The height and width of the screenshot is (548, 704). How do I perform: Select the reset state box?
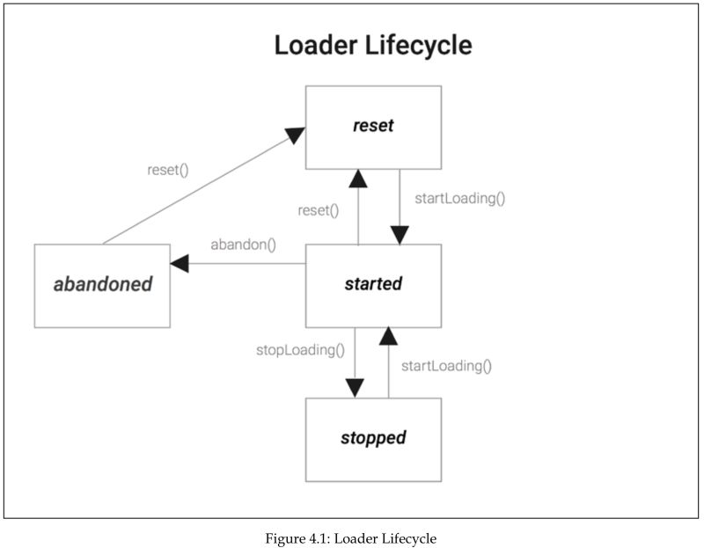pyautogui.click(x=373, y=126)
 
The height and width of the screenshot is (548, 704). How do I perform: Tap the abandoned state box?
pyautogui.click(x=102, y=285)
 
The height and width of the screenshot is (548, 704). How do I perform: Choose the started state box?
pyautogui.click(x=373, y=285)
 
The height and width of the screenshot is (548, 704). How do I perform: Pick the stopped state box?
pyautogui.click(x=373, y=438)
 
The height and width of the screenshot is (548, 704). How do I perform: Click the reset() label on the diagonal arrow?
pyautogui.click(x=168, y=169)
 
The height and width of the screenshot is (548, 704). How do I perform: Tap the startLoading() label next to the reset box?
pyautogui.click(x=459, y=197)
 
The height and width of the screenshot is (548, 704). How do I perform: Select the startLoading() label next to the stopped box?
pyautogui.click(x=445, y=365)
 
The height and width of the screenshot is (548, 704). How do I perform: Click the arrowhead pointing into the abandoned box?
pyautogui.click(x=180, y=262)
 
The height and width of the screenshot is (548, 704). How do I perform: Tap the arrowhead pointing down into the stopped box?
pyautogui.click(x=355, y=388)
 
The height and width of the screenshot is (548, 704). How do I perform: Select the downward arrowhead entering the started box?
pyautogui.click(x=400, y=235)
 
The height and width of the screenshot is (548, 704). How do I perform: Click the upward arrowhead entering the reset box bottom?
pyautogui.click(x=357, y=179)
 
